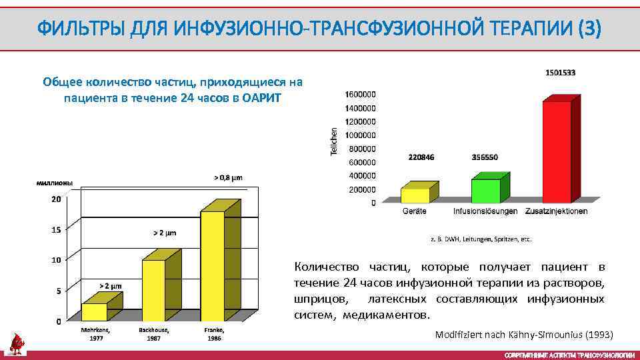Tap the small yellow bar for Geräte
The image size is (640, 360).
click(415, 195)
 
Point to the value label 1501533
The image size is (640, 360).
click(561, 72)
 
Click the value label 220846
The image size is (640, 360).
click(421, 158)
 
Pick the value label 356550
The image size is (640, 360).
click(485, 158)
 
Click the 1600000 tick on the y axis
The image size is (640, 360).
click(360, 94)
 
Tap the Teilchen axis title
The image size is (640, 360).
click(334, 142)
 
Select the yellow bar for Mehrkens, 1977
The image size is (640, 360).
click(94, 312)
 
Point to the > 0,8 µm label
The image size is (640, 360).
click(228, 177)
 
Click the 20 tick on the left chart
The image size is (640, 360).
click(57, 199)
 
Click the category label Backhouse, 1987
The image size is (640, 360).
click(154, 334)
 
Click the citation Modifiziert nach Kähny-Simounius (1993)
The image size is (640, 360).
click(523, 334)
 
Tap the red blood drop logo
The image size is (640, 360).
click(17, 343)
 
